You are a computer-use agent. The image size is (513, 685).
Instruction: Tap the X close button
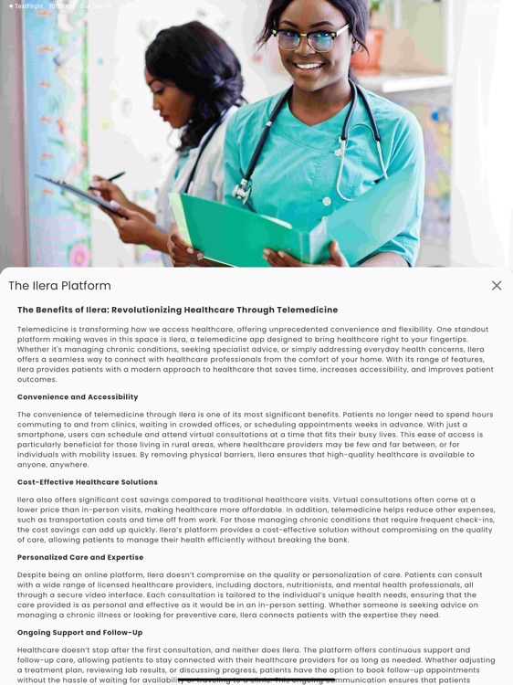point(497,286)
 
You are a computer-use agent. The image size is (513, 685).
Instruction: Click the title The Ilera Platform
point(59,286)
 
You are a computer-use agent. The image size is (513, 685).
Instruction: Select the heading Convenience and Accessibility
point(78,397)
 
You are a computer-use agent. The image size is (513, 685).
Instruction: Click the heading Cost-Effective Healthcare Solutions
point(88,482)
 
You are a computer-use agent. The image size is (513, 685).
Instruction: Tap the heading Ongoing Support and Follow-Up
point(80,632)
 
